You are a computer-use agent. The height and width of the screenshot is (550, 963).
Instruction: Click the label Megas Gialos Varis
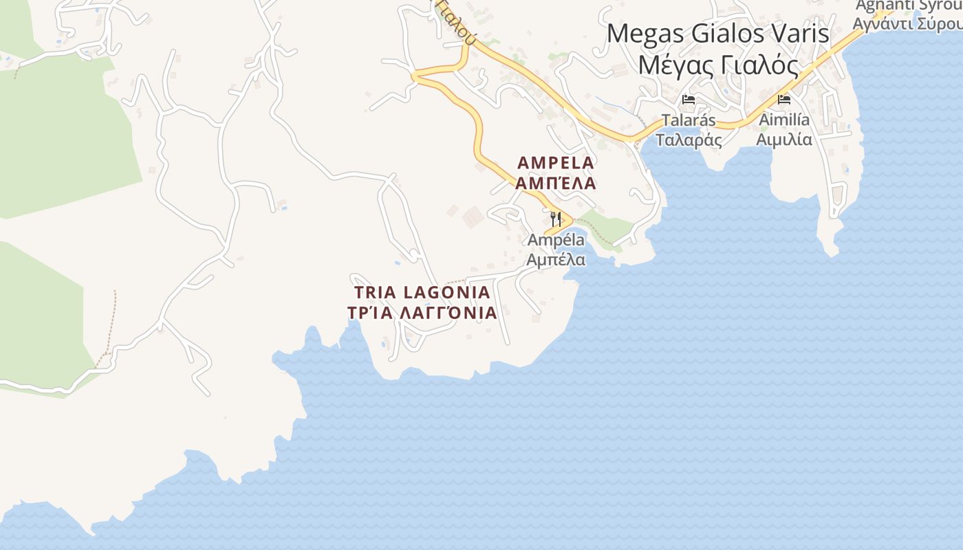pos(718,34)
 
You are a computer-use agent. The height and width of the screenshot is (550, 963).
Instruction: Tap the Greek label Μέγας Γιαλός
pos(718,66)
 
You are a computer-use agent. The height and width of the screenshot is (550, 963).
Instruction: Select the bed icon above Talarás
pos(689,100)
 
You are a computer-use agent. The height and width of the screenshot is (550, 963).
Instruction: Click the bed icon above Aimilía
pos(784,100)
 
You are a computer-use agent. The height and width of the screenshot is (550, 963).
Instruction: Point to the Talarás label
pos(689,121)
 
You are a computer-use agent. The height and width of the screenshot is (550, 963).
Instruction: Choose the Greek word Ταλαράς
pos(689,140)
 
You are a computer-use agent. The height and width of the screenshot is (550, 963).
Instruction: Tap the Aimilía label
pos(784,121)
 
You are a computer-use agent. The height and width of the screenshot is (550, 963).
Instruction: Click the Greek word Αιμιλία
pos(784,140)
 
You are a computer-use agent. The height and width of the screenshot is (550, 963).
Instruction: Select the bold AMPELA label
pos(556,163)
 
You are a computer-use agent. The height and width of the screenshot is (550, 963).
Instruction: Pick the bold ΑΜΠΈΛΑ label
pos(556,183)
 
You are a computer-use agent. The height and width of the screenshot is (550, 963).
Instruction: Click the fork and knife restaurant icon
pos(556,219)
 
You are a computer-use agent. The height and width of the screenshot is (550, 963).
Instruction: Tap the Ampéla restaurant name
pos(556,241)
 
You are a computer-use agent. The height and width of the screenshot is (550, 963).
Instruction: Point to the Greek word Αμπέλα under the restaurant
pos(556,260)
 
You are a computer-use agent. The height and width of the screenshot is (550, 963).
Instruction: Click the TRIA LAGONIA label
pos(422,293)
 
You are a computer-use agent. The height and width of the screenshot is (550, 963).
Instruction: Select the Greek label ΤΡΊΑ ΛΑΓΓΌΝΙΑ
pos(422,313)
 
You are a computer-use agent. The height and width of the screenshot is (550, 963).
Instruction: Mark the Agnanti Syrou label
pos(908,5)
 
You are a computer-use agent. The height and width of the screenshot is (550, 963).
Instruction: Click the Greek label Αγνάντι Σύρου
pos(908,23)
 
